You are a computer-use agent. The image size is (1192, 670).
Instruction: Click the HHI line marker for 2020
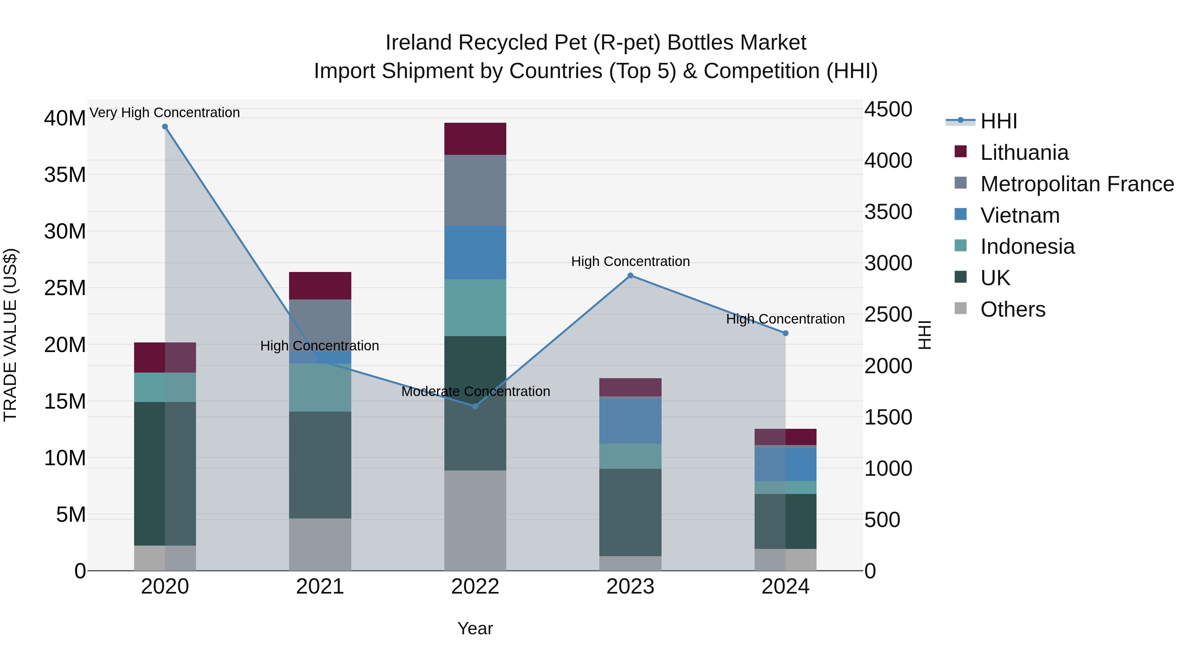pos(165,127)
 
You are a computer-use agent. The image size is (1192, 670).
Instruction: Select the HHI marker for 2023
pos(630,276)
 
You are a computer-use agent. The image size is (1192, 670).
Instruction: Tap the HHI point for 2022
pos(475,406)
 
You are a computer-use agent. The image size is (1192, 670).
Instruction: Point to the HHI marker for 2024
pos(785,334)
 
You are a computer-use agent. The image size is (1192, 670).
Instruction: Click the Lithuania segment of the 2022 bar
pos(475,139)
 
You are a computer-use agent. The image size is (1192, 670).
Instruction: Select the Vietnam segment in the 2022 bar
pos(475,252)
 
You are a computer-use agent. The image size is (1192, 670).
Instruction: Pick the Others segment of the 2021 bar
pos(320,544)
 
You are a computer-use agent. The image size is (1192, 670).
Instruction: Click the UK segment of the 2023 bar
pos(630,512)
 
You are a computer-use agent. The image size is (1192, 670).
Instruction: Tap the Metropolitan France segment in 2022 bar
pos(475,190)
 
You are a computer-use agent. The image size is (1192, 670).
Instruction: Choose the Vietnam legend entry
pos(1019,215)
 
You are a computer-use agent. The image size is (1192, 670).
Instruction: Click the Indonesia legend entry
pos(1027,246)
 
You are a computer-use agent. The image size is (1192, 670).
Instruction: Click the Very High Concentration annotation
pos(165,112)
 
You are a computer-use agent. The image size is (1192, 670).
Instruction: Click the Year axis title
pos(475,628)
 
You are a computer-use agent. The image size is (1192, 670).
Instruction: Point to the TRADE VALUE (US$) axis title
pos(10,335)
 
